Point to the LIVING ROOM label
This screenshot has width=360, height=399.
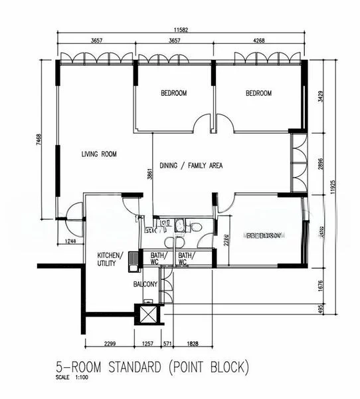[99, 154]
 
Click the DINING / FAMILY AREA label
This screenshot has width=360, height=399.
[191, 165]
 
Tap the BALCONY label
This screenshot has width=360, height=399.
[144, 285]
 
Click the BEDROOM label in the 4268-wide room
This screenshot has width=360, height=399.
[258, 94]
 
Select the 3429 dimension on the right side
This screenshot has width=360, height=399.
[321, 97]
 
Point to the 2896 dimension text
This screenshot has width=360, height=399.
[321, 164]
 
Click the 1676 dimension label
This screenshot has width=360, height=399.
[321, 285]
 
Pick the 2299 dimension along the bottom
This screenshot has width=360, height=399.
[111, 344]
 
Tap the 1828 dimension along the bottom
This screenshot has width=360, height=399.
[191, 344]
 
